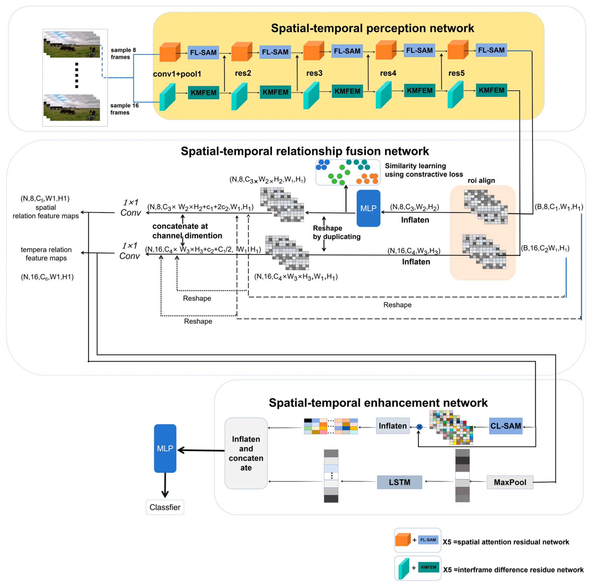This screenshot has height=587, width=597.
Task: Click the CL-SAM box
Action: tap(505, 426)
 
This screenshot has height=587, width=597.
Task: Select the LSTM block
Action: tap(399, 482)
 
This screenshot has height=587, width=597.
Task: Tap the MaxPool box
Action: tap(510, 482)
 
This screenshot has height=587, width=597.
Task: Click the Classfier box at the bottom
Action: tap(165, 507)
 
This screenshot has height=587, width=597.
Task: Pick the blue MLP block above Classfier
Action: tap(165, 448)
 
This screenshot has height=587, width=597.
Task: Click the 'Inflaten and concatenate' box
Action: tap(246, 453)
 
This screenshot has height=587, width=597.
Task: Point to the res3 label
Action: tap(314, 73)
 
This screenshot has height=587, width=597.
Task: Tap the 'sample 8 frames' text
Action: tap(123, 53)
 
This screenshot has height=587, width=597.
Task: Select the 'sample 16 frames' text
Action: tap(124, 109)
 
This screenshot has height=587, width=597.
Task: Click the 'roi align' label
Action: tap(481, 180)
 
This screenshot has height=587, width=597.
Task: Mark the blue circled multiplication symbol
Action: tap(419, 427)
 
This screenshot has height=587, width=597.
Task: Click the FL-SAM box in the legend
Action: tap(428, 540)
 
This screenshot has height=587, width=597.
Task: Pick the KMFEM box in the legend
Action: tap(429, 567)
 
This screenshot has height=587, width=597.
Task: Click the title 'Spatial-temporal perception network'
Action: tap(372, 28)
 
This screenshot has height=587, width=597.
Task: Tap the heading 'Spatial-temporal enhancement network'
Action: tap(378, 403)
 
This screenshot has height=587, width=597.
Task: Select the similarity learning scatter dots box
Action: tap(348, 172)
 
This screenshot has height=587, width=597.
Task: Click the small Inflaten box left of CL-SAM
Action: tap(393, 426)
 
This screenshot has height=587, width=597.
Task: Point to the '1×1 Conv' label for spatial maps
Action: tap(131, 208)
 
